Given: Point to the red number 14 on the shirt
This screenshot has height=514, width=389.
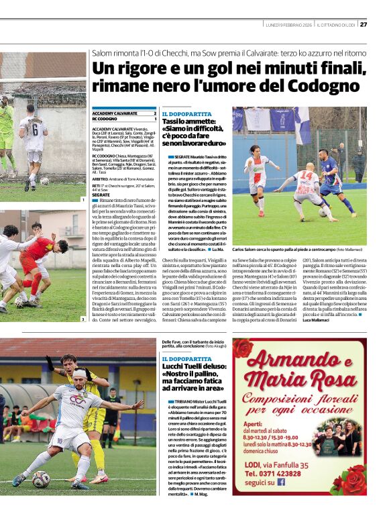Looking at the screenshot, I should tap(306, 176).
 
